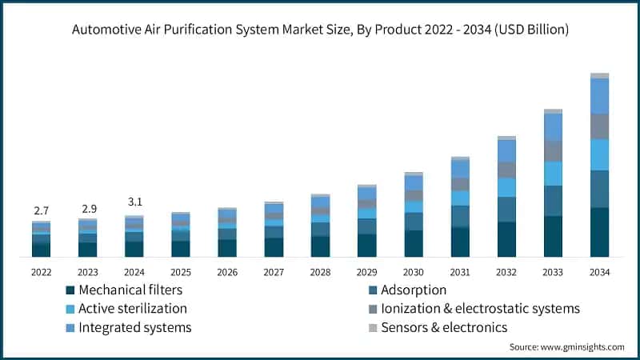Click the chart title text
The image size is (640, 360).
click(320, 30)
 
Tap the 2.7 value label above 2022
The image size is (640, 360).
click(41, 210)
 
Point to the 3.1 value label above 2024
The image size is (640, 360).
click(134, 202)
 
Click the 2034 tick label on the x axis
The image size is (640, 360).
click(599, 272)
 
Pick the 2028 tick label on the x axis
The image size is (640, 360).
click(320, 272)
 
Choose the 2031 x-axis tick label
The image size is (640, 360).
click(459, 272)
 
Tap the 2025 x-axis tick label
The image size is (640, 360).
click(180, 272)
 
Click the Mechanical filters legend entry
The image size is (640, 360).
click(123, 290)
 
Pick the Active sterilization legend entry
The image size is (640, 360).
click(126, 308)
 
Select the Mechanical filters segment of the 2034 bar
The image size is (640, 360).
click(599, 232)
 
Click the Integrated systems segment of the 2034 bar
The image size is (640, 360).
click(599, 96)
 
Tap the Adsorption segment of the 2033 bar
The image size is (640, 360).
click(553, 201)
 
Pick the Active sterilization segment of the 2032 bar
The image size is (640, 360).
click(506, 187)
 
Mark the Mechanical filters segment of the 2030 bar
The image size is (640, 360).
click(414, 243)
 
